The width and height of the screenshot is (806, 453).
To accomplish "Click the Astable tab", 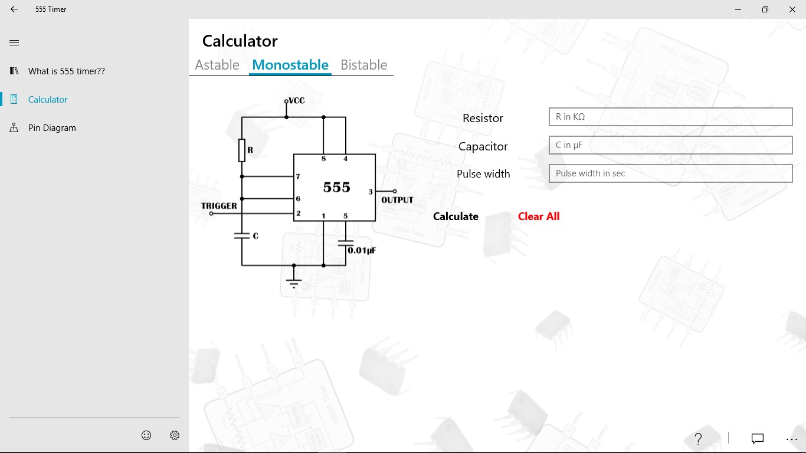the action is pyautogui.click(x=217, y=65).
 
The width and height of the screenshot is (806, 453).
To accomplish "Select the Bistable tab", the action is pyautogui.click(x=364, y=65).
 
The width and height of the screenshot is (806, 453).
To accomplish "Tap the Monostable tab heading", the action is pyautogui.click(x=290, y=65).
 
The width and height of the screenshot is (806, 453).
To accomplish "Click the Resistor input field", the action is pyautogui.click(x=670, y=117).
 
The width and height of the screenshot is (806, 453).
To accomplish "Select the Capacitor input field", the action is pyautogui.click(x=670, y=145).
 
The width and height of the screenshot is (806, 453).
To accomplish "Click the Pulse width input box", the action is pyautogui.click(x=670, y=173).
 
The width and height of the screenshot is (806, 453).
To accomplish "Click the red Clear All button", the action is pyautogui.click(x=539, y=216).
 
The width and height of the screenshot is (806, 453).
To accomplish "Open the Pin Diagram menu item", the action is pyautogui.click(x=52, y=128).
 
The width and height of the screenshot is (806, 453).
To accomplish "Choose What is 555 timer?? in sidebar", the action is pyautogui.click(x=67, y=71).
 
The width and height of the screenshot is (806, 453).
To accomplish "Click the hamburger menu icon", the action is pyautogui.click(x=14, y=43).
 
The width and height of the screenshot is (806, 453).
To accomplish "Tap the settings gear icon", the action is pyautogui.click(x=175, y=435).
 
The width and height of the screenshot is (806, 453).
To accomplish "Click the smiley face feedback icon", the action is pyautogui.click(x=146, y=435).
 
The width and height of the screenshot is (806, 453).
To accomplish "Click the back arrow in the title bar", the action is pyautogui.click(x=14, y=9).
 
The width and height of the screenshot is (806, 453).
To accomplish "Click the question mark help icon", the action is pyautogui.click(x=698, y=438).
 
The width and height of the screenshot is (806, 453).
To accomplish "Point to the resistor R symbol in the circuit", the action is pyautogui.click(x=242, y=150).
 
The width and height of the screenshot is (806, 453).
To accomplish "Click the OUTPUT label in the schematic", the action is pyautogui.click(x=397, y=200).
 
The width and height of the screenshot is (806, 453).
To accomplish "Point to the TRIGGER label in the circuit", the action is pyautogui.click(x=219, y=206).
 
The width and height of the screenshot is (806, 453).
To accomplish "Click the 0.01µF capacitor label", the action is pyautogui.click(x=362, y=251).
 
